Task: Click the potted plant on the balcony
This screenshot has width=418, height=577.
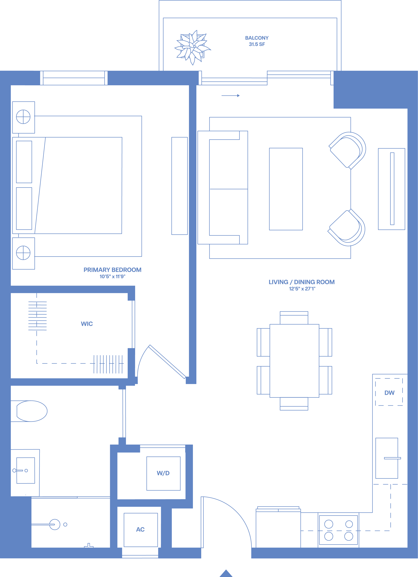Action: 192,48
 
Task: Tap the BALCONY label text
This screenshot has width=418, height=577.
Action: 257,38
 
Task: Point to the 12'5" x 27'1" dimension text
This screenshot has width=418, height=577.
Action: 302,289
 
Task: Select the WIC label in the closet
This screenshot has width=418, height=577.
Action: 87,324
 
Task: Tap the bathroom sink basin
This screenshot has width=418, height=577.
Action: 25,471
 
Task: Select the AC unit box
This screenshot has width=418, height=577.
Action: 141,530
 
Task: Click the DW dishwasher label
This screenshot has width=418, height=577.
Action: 389,393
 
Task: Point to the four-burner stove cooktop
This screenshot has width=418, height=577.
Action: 338,530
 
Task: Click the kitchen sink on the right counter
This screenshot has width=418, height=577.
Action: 387,458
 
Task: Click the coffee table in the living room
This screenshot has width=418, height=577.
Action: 286,189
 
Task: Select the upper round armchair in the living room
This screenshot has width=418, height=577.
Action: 347,151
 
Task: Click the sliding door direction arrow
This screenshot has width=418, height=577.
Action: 231,96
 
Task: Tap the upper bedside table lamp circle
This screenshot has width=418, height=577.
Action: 23,117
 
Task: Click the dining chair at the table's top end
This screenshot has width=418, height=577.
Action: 294,318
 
